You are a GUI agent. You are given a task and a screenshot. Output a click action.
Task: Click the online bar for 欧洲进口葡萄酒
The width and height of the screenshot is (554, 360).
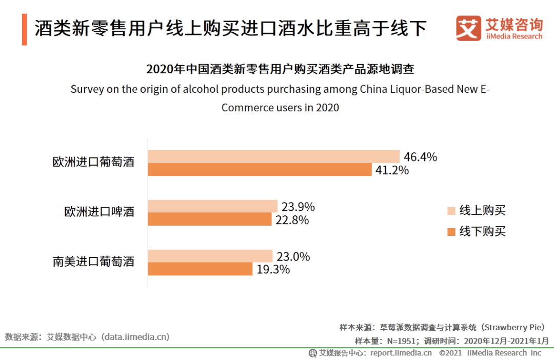pyautogui.click(x=273, y=156)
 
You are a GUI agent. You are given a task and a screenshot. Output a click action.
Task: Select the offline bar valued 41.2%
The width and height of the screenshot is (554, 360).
pyautogui.click(x=260, y=170)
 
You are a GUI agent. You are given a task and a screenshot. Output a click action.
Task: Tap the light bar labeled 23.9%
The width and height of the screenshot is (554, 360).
pyautogui.click(x=212, y=206)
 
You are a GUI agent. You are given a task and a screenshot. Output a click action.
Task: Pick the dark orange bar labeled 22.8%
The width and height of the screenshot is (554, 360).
pyautogui.click(x=209, y=219)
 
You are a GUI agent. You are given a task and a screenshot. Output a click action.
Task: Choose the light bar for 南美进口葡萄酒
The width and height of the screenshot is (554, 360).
pyautogui.click(x=210, y=256)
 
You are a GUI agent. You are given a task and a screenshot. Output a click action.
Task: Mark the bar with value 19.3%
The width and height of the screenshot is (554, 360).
pyautogui.click(x=200, y=269)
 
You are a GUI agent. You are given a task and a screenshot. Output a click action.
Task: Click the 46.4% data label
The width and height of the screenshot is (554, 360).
pyautogui.click(x=420, y=157)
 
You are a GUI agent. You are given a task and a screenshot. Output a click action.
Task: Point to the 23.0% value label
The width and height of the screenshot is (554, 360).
pyautogui.click(x=293, y=256)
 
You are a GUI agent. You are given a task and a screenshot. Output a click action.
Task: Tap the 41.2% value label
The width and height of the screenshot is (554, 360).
pyautogui.click(x=392, y=170)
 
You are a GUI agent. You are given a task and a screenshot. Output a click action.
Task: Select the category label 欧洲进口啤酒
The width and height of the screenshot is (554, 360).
pyautogui.click(x=99, y=212)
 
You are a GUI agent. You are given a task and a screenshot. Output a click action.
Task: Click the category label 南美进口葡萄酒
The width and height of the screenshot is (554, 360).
pyautogui.click(x=93, y=262)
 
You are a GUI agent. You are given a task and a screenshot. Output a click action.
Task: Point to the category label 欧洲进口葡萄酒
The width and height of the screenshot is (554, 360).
pyautogui.click(x=93, y=163)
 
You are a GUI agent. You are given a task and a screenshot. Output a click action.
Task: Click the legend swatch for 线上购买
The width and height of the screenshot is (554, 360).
pyautogui.click(x=451, y=211)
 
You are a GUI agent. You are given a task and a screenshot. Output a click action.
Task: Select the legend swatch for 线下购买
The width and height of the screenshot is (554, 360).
pyautogui.click(x=451, y=232)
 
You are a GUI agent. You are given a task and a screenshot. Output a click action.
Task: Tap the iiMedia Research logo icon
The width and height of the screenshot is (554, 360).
pyautogui.click(x=468, y=28)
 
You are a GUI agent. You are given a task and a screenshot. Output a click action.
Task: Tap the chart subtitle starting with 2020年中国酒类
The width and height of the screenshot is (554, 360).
pyautogui.click(x=280, y=69)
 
